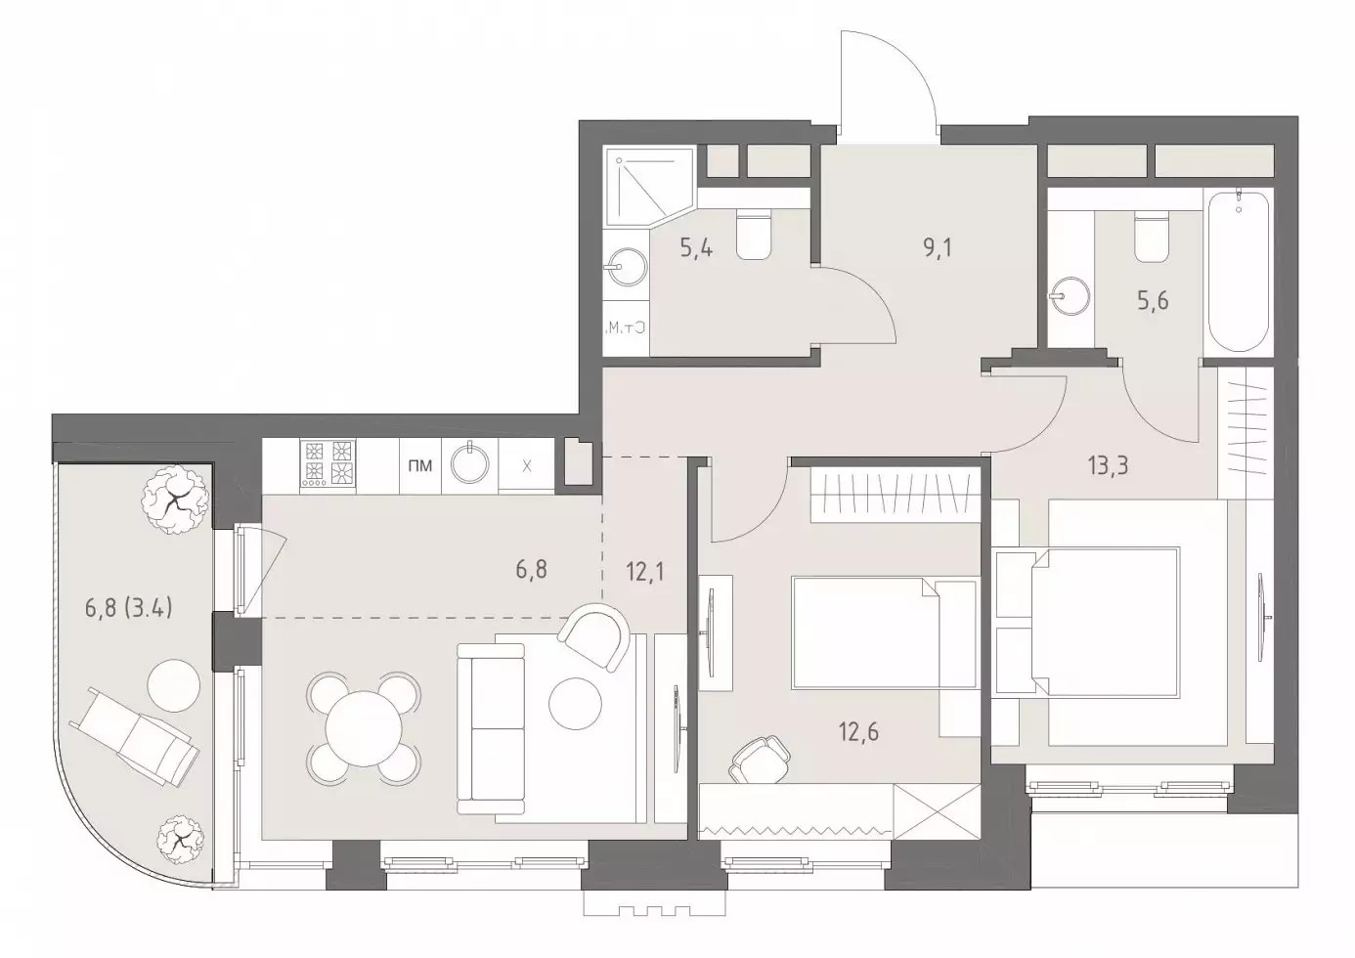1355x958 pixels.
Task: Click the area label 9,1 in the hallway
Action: tap(937, 247)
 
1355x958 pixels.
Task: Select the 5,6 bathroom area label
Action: tap(1153, 300)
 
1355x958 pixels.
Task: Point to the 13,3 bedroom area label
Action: tap(1108, 467)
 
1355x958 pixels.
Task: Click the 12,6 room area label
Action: tap(858, 732)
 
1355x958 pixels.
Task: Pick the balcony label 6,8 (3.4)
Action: tap(129, 608)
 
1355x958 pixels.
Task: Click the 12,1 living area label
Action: tap(645, 571)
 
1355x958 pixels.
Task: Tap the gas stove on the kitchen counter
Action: tap(328, 463)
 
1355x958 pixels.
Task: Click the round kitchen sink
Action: tap(470, 462)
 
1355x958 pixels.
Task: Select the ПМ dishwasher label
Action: tap(420, 465)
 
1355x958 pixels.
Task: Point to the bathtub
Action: tap(1239, 272)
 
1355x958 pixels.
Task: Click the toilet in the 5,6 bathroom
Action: tap(1152, 236)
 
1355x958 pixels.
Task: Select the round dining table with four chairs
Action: tap(364, 728)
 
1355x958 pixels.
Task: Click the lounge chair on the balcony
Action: tap(134, 736)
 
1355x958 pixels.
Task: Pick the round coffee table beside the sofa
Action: tap(575, 704)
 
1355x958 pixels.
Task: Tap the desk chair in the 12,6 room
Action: tap(761, 759)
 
